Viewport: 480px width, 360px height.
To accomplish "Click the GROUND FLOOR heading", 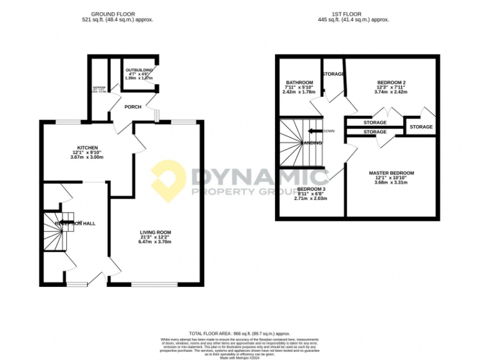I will [117, 14].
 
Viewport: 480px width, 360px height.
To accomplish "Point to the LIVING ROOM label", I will [155, 232].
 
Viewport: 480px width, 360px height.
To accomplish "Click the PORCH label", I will [132, 107].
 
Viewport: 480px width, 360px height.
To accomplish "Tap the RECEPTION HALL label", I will [75, 223].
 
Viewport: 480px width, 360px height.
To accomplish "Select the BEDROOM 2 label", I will [392, 82].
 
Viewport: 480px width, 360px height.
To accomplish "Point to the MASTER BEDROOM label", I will [391, 173].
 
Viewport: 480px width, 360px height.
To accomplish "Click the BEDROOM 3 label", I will [311, 189].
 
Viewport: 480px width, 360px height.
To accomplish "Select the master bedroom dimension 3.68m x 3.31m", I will [391, 183].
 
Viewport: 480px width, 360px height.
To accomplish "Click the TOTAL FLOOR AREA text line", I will [239, 334].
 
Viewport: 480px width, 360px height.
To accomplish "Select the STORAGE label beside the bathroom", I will [334, 74].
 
